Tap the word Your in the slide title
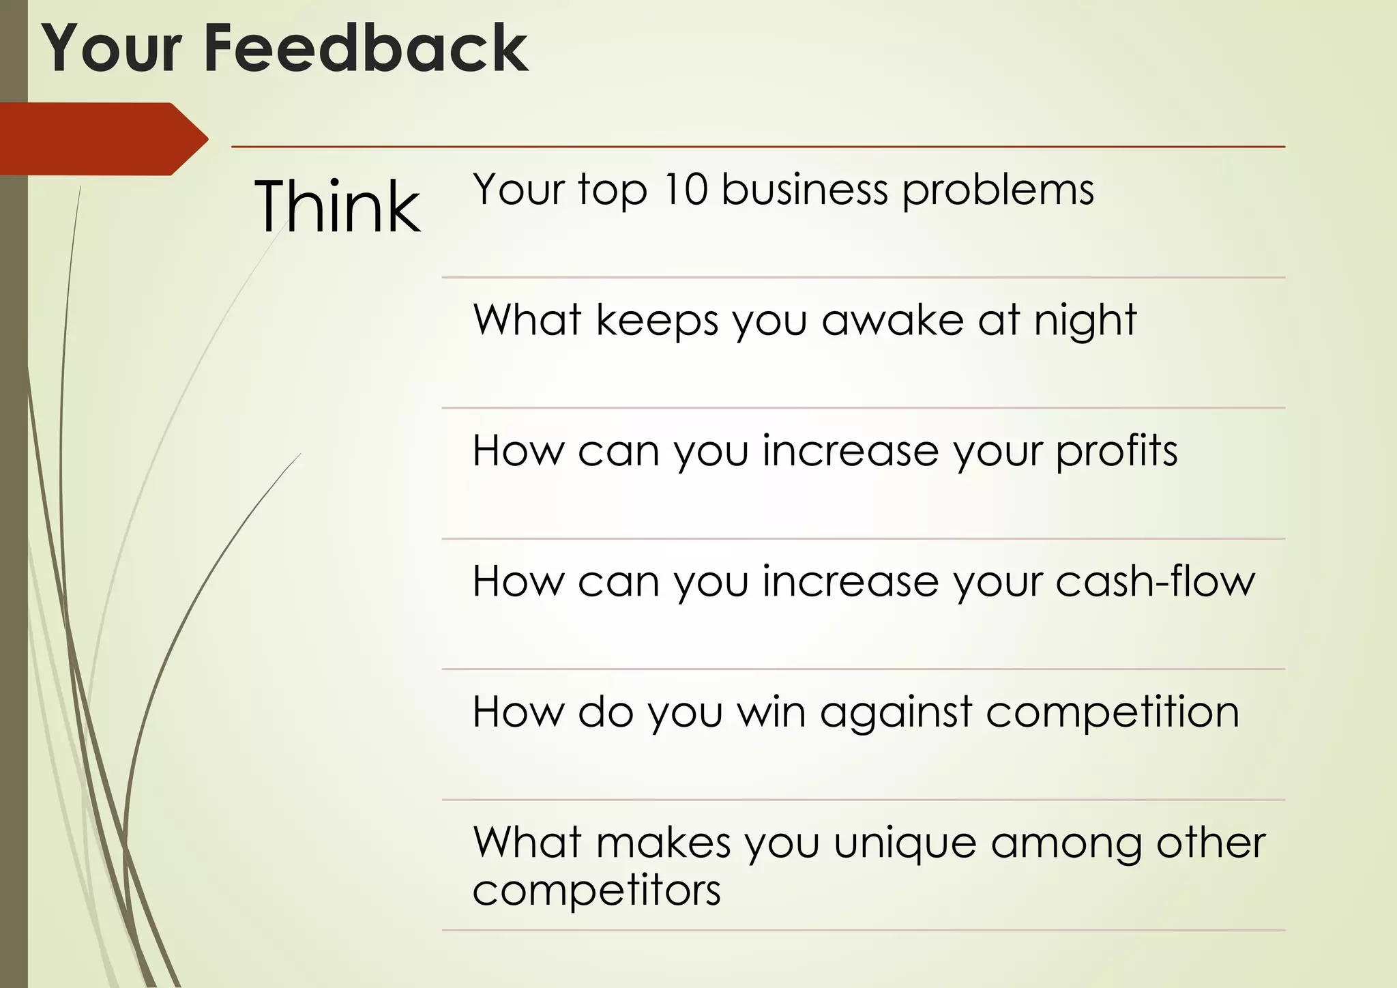click(113, 49)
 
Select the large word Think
click(337, 206)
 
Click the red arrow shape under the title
click(102, 139)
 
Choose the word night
click(1085, 321)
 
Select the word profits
click(1117, 452)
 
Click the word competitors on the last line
click(596, 891)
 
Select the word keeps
click(657, 321)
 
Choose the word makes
click(663, 843)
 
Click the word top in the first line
click(613, 190)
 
